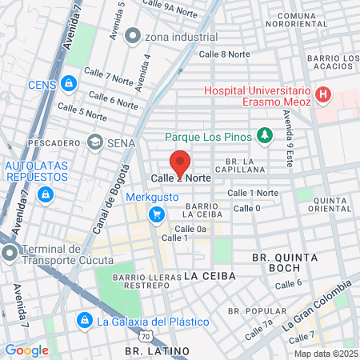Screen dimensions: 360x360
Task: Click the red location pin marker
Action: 181,162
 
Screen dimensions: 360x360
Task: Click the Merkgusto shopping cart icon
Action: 157,213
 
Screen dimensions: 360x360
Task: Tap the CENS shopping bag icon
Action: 69,82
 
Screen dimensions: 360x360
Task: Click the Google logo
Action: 26,350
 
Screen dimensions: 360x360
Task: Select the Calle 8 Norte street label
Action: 224,54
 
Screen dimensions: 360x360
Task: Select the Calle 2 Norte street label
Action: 181,178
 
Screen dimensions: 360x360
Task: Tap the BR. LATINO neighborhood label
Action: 157,351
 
